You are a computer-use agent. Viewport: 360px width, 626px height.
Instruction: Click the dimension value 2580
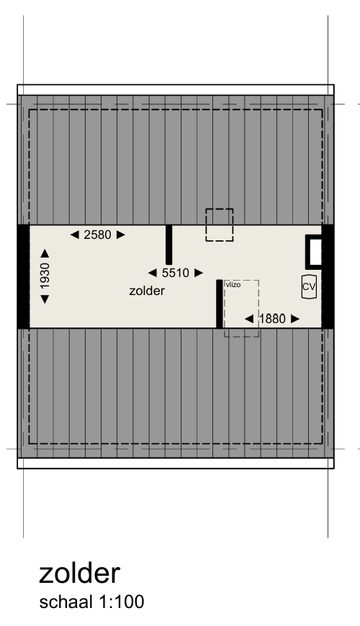[x=98, y=235]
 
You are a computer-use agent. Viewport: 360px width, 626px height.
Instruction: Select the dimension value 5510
[x=175, y=273]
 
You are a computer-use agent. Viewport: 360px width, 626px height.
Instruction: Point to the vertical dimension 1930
[x=45, y=276]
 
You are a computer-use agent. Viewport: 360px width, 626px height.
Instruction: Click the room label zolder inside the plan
[x=147, y=291]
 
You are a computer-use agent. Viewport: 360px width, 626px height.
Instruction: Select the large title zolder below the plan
[x=78, y=573]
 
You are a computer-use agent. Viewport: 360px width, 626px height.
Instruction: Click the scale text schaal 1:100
[x=91, y=602]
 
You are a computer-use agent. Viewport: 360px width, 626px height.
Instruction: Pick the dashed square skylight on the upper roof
[x=220, y=224]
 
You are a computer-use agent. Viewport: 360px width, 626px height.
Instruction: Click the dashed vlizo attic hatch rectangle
[x=241, y=309]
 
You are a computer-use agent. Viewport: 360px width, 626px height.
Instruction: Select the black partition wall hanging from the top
[x=168, y=245]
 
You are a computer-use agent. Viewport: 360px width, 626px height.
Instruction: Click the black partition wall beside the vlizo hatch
[x=219, y=304]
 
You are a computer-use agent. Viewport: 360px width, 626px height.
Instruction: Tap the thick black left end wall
[x=23, y=276]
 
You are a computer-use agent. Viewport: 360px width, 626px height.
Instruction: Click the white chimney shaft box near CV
[x=315, y=252]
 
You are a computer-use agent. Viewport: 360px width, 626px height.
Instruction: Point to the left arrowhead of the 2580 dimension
[x=74, y=235]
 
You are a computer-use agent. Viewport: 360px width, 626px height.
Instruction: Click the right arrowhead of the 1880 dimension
[x=294, y=319]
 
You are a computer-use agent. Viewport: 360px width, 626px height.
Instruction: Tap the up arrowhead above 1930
[x=45, y=253]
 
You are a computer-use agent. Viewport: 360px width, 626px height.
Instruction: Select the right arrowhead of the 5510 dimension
[x=198, y=273]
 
